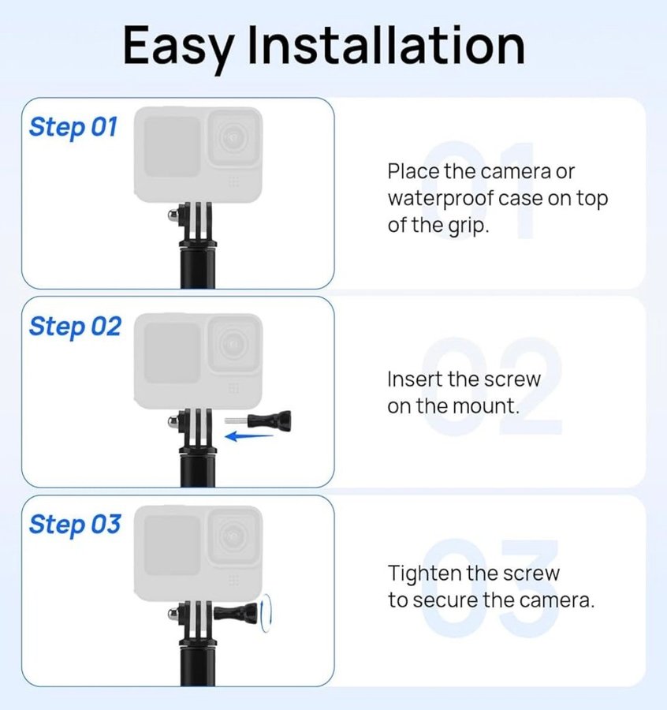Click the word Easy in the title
[178, 47]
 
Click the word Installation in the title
[386, 44]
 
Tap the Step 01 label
[73, 128]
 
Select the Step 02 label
[75, 327]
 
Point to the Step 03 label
[75, 525]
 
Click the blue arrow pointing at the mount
[249, 436]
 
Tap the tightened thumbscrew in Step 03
[236, 614]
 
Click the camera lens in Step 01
[234, 139]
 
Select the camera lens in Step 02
[234, 345]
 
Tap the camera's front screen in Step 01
[172, 147]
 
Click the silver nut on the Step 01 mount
[173, 215]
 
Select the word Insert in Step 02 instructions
[414, 379]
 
